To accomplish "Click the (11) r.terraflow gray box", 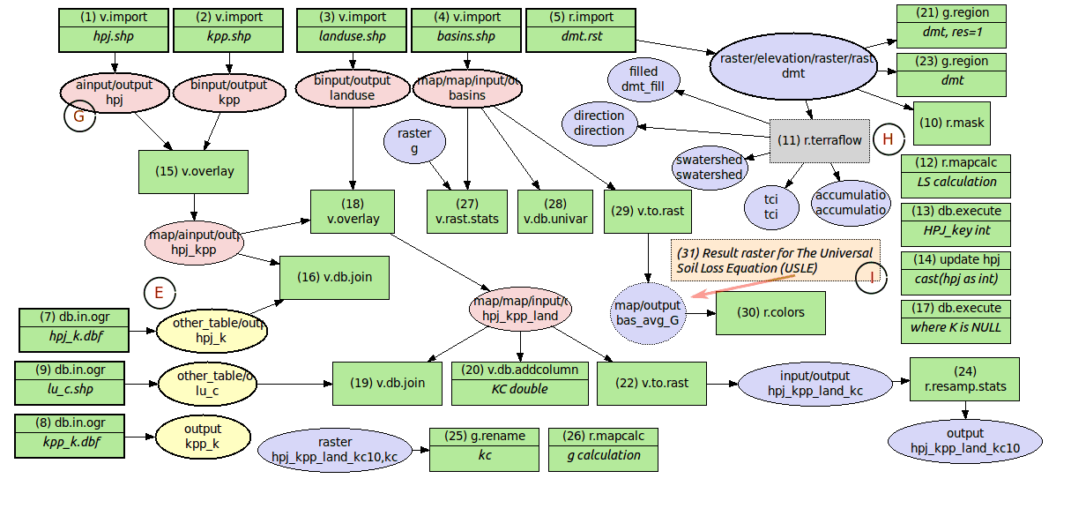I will (819, 140).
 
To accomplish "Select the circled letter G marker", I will (79, 116).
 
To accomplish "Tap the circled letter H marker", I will (888, 139).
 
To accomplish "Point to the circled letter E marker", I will (159, 293).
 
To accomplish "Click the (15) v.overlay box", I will (194, 171).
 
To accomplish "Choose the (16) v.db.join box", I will (334, 277).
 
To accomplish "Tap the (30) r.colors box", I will (759, 312).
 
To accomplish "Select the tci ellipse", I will (770, 207).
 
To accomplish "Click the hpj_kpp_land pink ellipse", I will (520, 309).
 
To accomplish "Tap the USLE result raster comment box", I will (775, 260).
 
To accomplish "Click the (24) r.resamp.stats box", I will (964, 379).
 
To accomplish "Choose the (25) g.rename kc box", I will (484, 447).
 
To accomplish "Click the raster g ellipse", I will (414, 141).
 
